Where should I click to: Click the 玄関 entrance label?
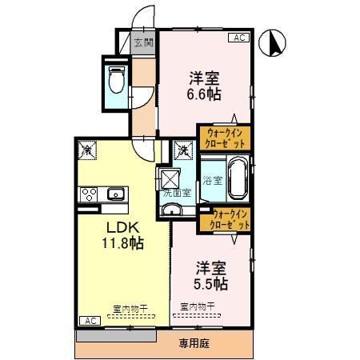click(x=142, y=43)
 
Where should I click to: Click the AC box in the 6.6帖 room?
click(x=238, y=38)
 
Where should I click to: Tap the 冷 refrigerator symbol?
click(x=86, y=149)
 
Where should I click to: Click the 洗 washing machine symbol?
click(x=182, y=150)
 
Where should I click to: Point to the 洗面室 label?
click(x=177, y=193)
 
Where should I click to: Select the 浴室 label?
click(x=212, y=180)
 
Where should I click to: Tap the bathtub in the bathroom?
click(x=237, y=179)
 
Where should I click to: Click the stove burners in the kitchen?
click(x=89, y=194)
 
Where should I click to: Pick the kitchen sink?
click(x=114, y=194)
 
